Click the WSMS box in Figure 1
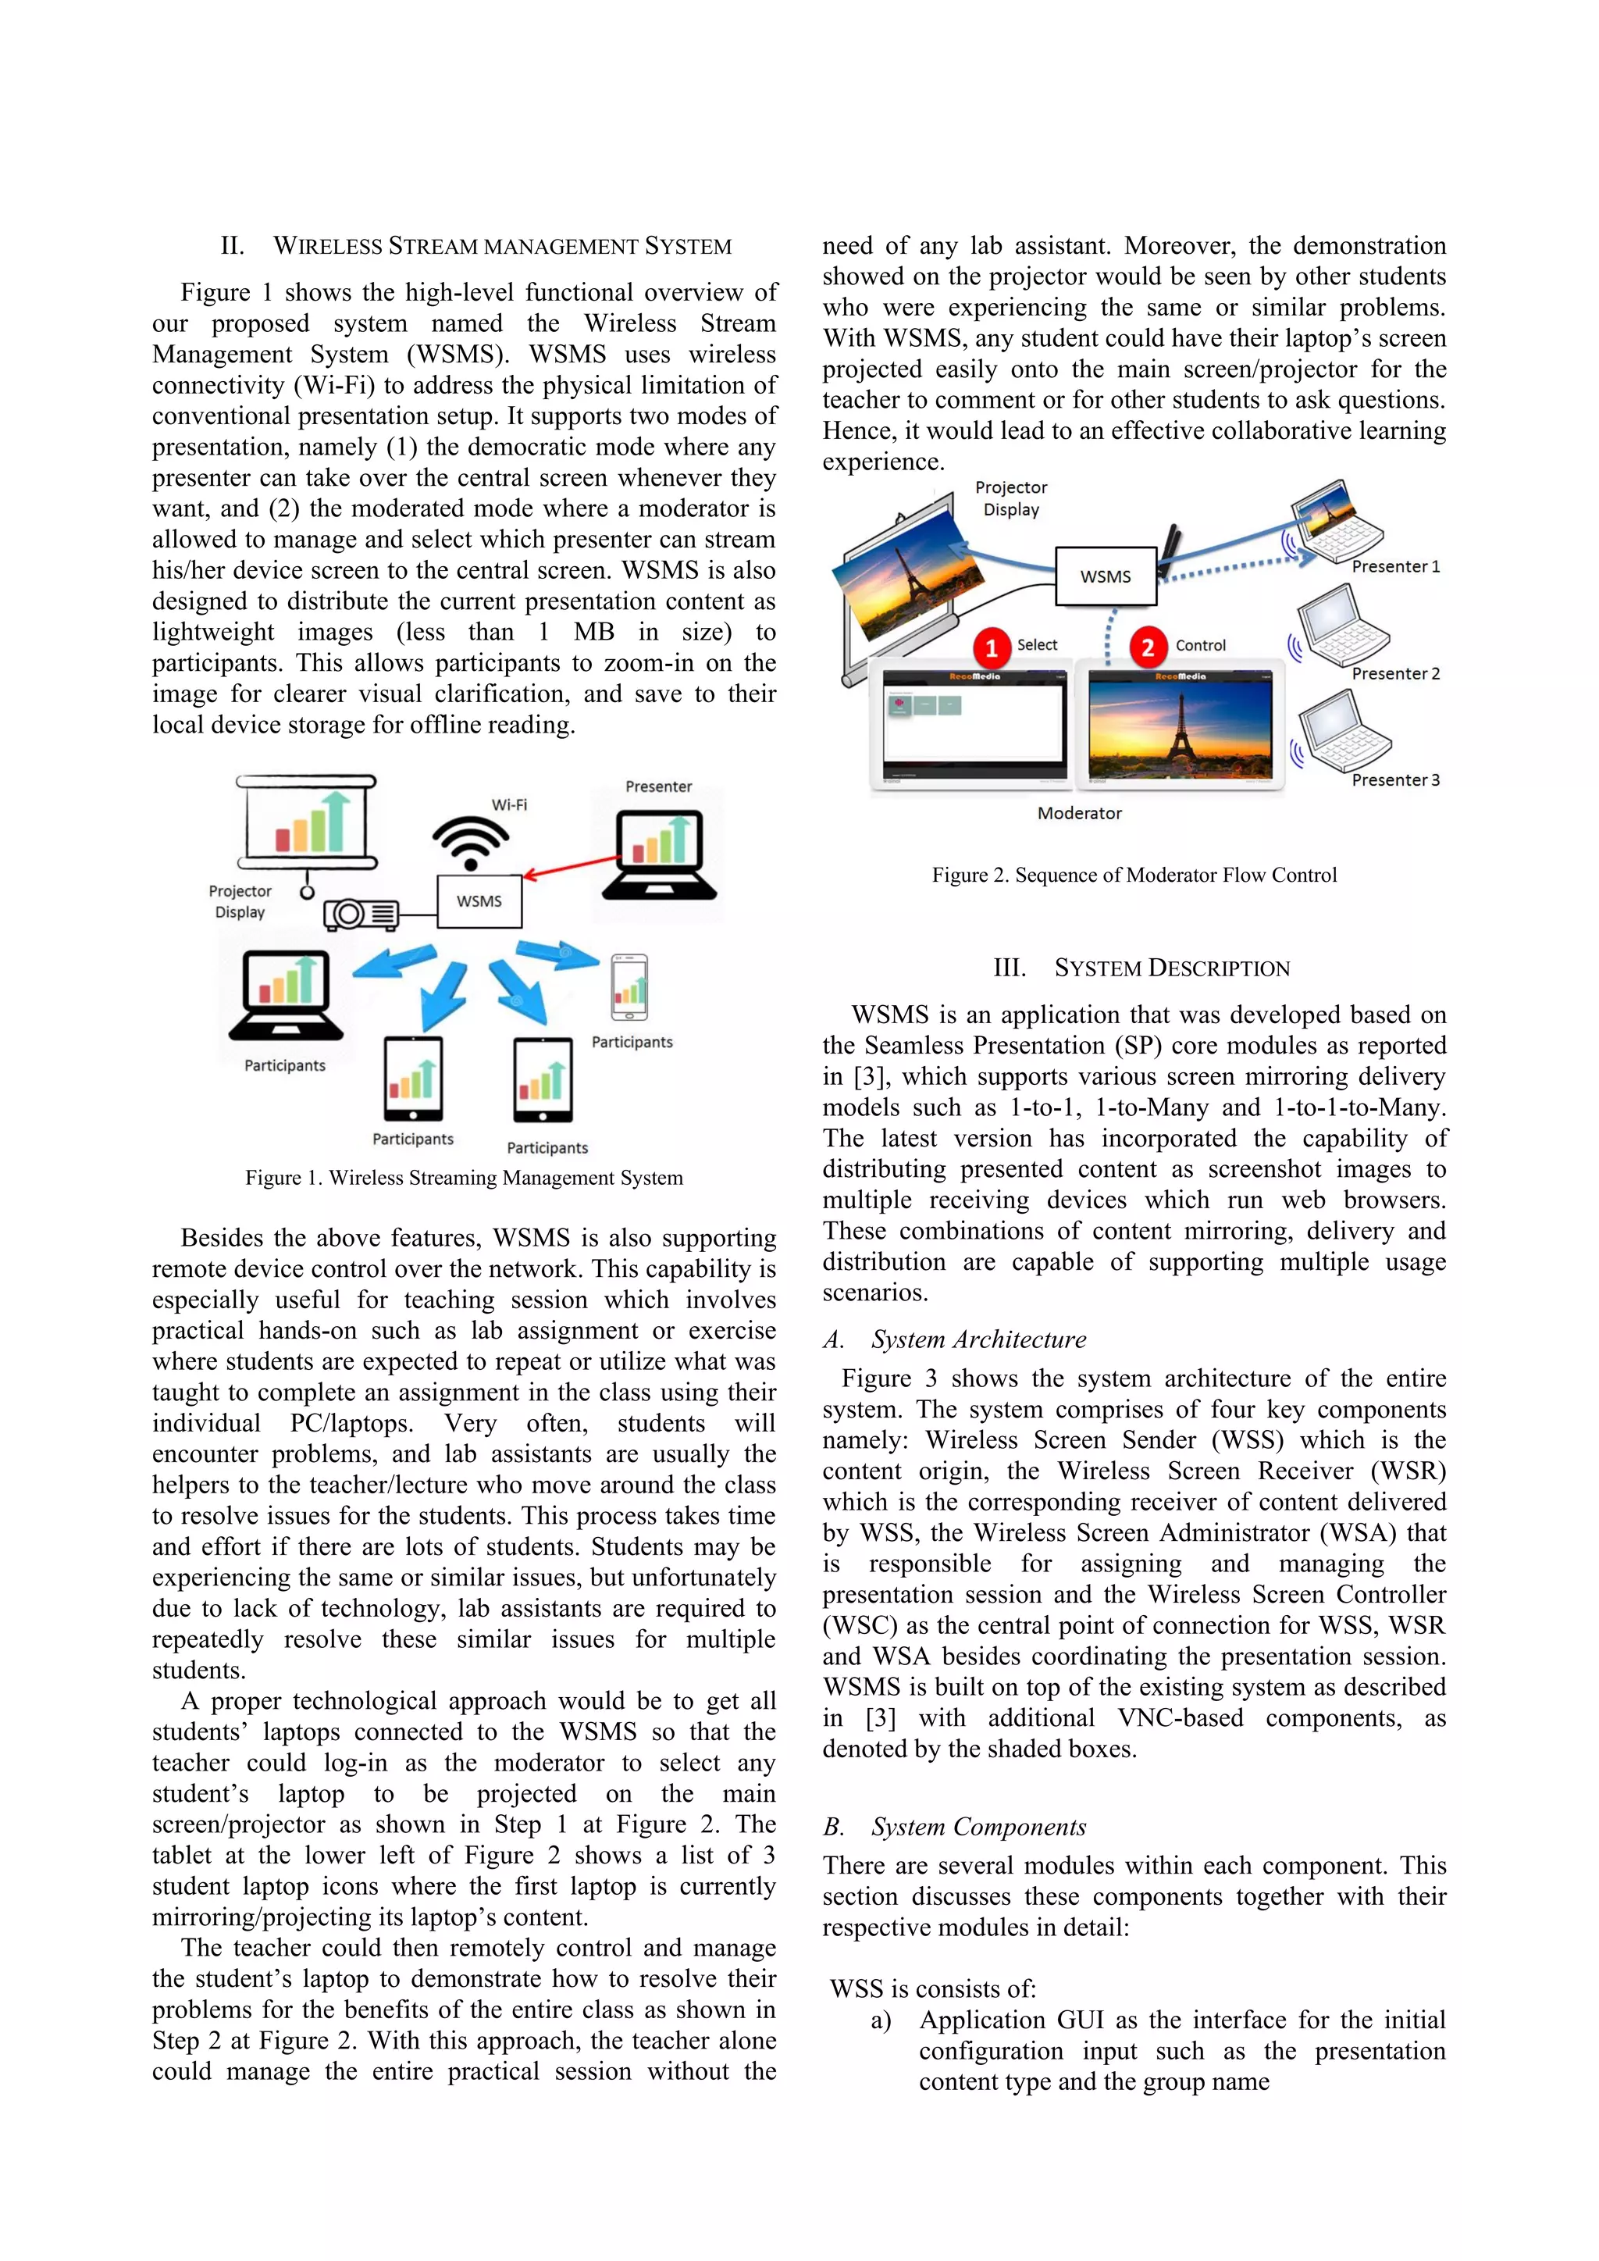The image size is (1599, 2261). [x=479, y=901]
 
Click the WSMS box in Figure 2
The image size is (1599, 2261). [x=1105, y=576]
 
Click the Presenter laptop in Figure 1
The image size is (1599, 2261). [x=660, y=854]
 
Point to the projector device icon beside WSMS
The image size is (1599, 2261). [x=361, y=915]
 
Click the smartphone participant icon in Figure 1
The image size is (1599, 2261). [x=629, y=986]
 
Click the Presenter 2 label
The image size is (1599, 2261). [x=1395, y=673]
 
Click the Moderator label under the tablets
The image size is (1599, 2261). [x=1079, y=813]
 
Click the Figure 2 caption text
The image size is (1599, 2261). [x=1134, y=875]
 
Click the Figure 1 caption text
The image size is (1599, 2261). [x=464, y=1178]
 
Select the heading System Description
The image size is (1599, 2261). [x=1141, y=968]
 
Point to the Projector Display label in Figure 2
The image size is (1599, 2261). [x=1011, y=498]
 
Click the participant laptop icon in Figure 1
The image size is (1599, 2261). [x=287, y=996]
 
